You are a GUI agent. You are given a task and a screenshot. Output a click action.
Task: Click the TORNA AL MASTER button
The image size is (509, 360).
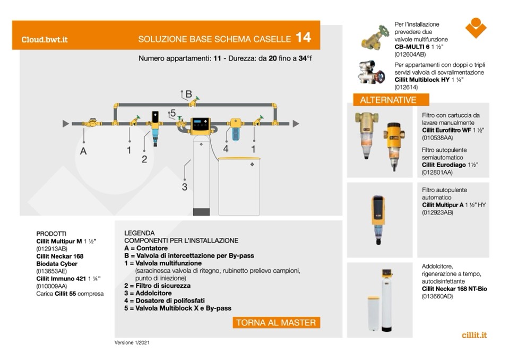pos(276,322)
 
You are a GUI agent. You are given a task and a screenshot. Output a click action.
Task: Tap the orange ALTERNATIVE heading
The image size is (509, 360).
pos(388,100)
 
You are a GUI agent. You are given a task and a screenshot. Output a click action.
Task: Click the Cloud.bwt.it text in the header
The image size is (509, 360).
pos(45,39)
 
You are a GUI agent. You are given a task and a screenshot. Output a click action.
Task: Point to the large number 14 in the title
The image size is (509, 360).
pos(303,38)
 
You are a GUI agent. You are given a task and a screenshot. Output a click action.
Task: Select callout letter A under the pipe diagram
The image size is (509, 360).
pos(83,151)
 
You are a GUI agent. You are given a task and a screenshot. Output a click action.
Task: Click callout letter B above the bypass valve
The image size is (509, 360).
pos(188,93)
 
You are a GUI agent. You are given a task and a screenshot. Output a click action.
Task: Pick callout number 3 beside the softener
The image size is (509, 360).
pos(184,186)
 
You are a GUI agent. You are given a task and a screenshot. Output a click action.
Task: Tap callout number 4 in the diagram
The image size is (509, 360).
pos(226,149)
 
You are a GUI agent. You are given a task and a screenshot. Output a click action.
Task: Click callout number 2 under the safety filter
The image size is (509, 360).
pos(144,159)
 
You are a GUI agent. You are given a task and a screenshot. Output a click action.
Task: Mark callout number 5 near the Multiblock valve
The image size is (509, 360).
pos(172,114)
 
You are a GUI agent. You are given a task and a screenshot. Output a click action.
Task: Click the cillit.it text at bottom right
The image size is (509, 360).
pos(475,335)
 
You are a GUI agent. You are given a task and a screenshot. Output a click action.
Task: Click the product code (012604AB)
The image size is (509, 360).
pos(410,55)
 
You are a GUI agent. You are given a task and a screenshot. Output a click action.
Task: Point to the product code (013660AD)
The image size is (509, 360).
pos(438,296)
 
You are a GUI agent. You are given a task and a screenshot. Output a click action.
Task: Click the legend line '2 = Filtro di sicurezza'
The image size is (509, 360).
pos(157,286)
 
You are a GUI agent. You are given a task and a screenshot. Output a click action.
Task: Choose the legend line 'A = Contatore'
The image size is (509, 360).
pos(146,248)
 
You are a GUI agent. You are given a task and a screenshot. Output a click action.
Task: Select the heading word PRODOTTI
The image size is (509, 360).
pos(51,233)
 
